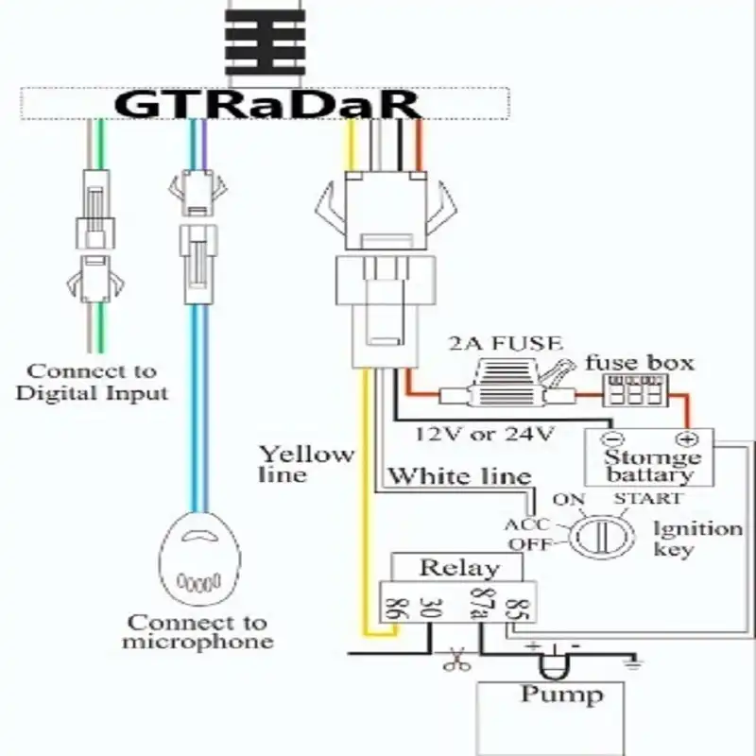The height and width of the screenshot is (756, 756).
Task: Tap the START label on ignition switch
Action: [x=646, y=498]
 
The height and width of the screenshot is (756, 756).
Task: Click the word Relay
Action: [x=458, y=568]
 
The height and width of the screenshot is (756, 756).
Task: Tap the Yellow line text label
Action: [x=306, y=463]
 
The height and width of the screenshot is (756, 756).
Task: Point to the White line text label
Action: [x=459, y=475]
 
